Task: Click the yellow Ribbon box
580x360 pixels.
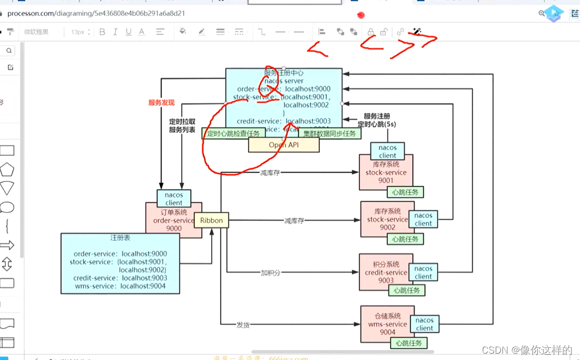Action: click(x=211, y=221)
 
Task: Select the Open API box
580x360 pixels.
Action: click(x=283, y=145)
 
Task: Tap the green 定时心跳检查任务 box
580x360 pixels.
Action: click(x=233, y=134)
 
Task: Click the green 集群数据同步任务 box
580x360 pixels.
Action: click(x=330, y=134)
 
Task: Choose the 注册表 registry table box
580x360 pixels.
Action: click(x=120, y=264)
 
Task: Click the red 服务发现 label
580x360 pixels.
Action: click(x=161, y=103)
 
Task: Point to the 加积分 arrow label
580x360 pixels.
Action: click(x=270, y=273)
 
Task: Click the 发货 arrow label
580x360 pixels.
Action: click(x=243, y=325)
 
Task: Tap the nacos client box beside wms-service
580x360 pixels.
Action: click(x=424, y=324)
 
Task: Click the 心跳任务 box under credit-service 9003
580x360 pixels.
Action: click(x=406, y=290)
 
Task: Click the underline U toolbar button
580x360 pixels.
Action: click(x=128, y=32)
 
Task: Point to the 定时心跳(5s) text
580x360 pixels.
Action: click(x=376, y=125)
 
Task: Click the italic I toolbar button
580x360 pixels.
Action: click(x=115, y=32)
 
